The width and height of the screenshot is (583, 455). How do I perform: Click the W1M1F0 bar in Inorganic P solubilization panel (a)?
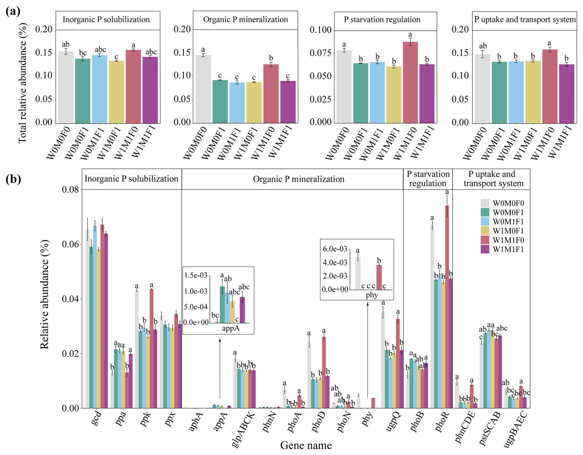133,86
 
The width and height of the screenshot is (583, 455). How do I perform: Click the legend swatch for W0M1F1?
485,222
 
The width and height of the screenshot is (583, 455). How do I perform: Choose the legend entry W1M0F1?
508,231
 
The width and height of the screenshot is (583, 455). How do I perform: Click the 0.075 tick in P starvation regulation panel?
320,53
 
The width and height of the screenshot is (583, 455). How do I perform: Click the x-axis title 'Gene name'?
306,445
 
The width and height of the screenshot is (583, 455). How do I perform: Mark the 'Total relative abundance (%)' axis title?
22,83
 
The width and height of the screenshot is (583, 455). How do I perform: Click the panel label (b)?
13,179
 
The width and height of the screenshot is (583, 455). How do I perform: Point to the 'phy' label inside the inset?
372,295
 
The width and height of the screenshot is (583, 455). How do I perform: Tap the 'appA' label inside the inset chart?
230,328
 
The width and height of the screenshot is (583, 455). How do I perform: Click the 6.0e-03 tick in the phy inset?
335,249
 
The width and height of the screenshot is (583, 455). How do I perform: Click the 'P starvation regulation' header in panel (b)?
428,179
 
